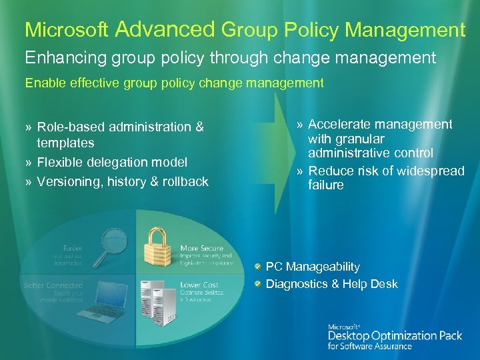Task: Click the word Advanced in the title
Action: click(x=165, y=29)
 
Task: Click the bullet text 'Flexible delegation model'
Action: click(x=112, y=162)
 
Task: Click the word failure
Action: click(x=326, y=185)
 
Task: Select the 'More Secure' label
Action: click(x=201, y=249)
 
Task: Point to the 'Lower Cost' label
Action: click(x=199, y=285)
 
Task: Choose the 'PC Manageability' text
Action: click(x=313, y=267)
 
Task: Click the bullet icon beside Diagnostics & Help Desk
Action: click(x=257, y=284)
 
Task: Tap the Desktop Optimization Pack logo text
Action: click(x=395, y=335)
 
